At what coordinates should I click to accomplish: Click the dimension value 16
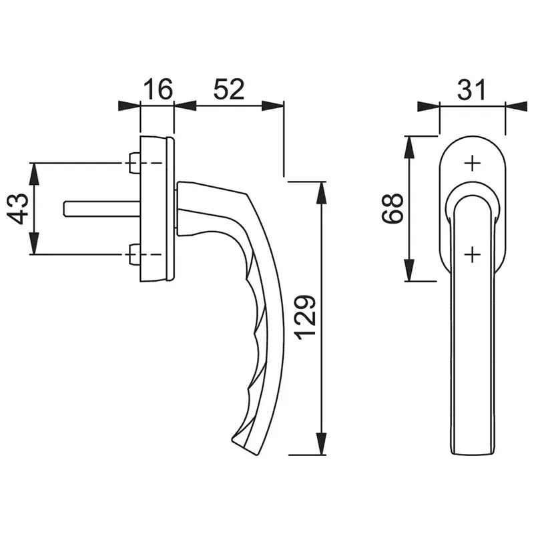point(158,89)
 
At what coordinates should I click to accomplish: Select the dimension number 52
point(229,89)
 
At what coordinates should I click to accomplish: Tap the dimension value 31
point(471,90)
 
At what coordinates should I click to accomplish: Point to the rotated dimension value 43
point(17,209)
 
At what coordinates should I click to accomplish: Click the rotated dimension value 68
point(392,208)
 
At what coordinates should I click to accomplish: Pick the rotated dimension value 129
point(306,318)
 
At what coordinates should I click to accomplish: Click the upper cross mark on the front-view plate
point(473,164)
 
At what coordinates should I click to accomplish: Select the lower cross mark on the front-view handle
point(473,254)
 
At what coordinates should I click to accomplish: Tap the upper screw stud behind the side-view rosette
point(135,163)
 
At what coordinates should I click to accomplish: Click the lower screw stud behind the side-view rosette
point(135,254)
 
